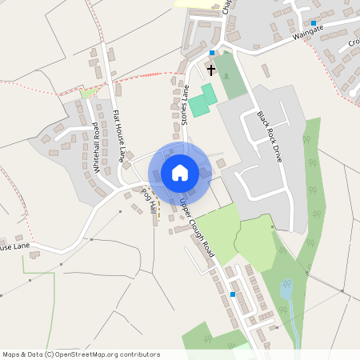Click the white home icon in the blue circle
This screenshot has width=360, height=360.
click(180, 173)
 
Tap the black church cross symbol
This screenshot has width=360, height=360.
click(210, 70)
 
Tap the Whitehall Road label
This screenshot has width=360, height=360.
click(98, 148)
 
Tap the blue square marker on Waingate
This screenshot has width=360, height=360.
click(314, 22)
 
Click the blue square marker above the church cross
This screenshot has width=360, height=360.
click(211, 53)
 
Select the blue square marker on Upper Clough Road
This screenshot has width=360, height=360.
click(232, 294)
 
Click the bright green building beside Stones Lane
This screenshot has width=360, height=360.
click(202, 100)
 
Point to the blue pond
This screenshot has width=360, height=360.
click(286, 290)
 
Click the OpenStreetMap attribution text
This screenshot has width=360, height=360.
click(81, 354)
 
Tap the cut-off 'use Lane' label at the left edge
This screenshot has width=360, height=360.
click(14, 247)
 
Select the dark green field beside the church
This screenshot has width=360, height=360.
click(230, 75)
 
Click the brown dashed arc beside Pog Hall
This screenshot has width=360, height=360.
click(158, 210)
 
